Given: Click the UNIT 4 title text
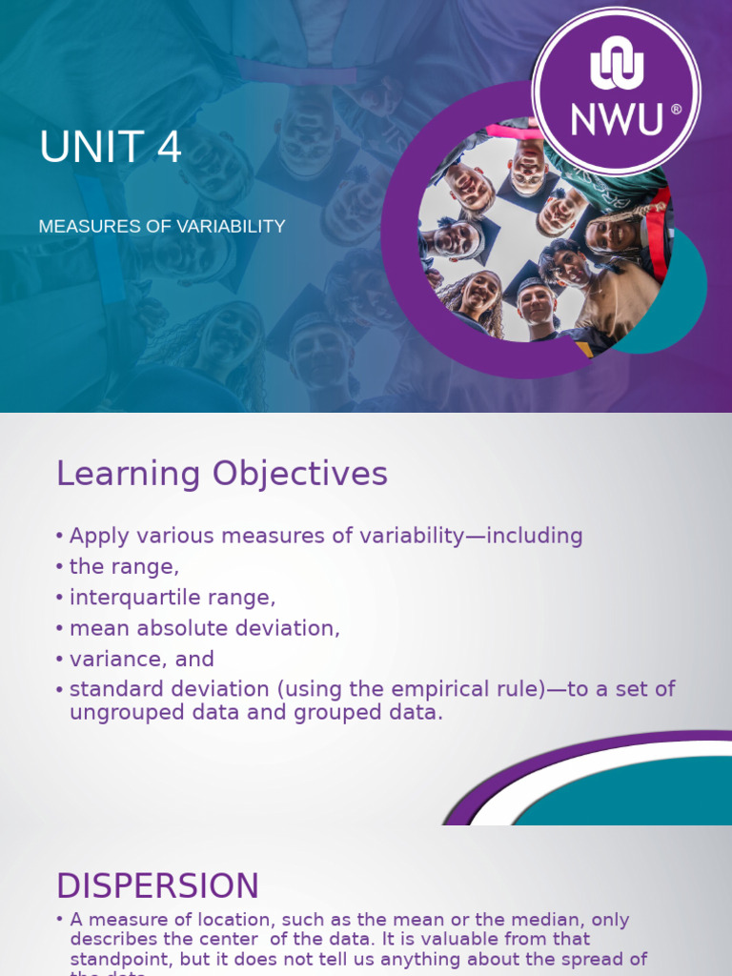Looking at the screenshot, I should (111, 149).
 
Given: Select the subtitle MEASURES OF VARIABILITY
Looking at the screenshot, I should (162, 227).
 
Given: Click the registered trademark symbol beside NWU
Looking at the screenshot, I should (676, 110).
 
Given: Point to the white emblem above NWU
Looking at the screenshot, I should (617, 68).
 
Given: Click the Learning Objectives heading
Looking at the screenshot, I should (222, 474).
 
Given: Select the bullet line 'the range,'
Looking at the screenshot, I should (124, 567).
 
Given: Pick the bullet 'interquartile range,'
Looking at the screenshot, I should (173, 598).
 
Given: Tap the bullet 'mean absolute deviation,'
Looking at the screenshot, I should (204, 628).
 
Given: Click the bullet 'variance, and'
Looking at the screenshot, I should (142, 659).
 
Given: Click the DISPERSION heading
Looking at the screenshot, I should (157, 885).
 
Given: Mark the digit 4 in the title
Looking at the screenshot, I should (168, 149).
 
